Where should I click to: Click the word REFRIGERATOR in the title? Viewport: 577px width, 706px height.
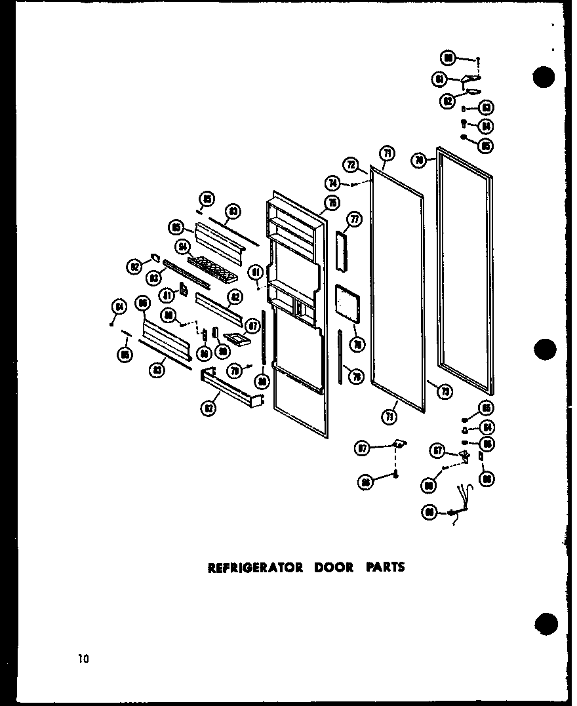[256, 568]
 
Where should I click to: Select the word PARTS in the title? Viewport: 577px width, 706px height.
[386, 568]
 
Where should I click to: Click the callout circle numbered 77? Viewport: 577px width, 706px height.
[354, 219]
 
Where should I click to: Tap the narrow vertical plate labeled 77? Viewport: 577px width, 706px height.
[340, 250]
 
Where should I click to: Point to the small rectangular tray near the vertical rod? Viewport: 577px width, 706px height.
[237, 338]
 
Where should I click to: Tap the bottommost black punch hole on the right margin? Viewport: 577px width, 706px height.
[546, 622]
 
